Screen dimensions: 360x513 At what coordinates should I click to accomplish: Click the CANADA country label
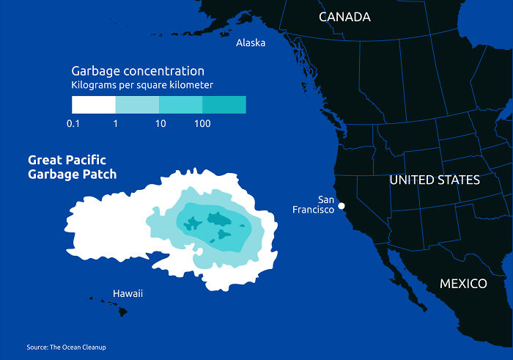pyautogui.click(x=344, y=17)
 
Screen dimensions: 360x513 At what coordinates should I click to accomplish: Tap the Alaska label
pyautogui.click(x=251, y=43)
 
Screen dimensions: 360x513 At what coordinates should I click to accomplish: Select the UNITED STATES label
pyautogui.click(x=435, y=180)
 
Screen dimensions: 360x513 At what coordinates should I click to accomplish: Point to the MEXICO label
pyautogui.click(x=463, y=284)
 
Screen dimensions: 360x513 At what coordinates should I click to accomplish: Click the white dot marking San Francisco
pyautogui.click(x=342, y=207)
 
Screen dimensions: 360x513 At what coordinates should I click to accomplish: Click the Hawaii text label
pyautogui.click(x=128, y=294)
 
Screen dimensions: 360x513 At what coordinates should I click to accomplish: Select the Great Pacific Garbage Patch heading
pyautogui.click(x=72, y=167)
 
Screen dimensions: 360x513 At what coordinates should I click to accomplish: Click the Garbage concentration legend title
pyautogui.click(x=138, y=71)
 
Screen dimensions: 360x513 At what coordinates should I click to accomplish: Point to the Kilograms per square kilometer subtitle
pyautogui.click(x=142, y=86)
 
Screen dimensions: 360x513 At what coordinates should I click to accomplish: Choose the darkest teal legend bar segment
pyautogui.click(x=224, y=105)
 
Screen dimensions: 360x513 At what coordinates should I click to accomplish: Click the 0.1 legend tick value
pyautogui.click(x=73, y=124)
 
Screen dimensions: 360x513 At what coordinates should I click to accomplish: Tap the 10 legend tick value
pyautogui.click(x=160, y=124)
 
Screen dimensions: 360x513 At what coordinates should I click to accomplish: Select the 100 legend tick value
pyautogui.click(x=203, y=124)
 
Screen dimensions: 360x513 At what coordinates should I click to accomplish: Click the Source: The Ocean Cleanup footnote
pyautogui.click(x=71, y=347)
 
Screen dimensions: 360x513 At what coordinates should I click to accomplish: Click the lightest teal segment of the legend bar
pyautogui.click(x=137, y=105)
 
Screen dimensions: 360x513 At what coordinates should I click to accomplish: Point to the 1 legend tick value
pyautogui.click(x=116, y=124)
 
